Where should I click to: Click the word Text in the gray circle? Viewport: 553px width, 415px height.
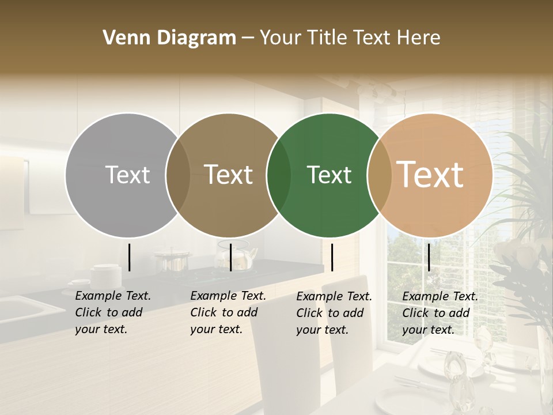click(127, 175)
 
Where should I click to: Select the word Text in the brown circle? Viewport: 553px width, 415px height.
click(229, 175)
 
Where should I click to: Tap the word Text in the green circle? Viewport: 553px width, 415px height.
click(329, 175)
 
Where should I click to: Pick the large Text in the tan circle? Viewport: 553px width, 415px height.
click(430, 175)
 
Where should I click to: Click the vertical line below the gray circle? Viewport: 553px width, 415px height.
click(130, 257)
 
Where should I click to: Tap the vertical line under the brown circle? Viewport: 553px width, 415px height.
click(230, 257)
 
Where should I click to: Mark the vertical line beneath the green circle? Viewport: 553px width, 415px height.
click(332, 257)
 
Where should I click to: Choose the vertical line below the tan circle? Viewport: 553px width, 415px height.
click(429, 257)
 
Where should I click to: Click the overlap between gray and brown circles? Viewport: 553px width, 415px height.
click(178, 175)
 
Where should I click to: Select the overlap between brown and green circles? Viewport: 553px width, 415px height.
click(279, 175)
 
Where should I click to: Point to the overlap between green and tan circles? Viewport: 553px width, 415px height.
click(380, 175)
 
